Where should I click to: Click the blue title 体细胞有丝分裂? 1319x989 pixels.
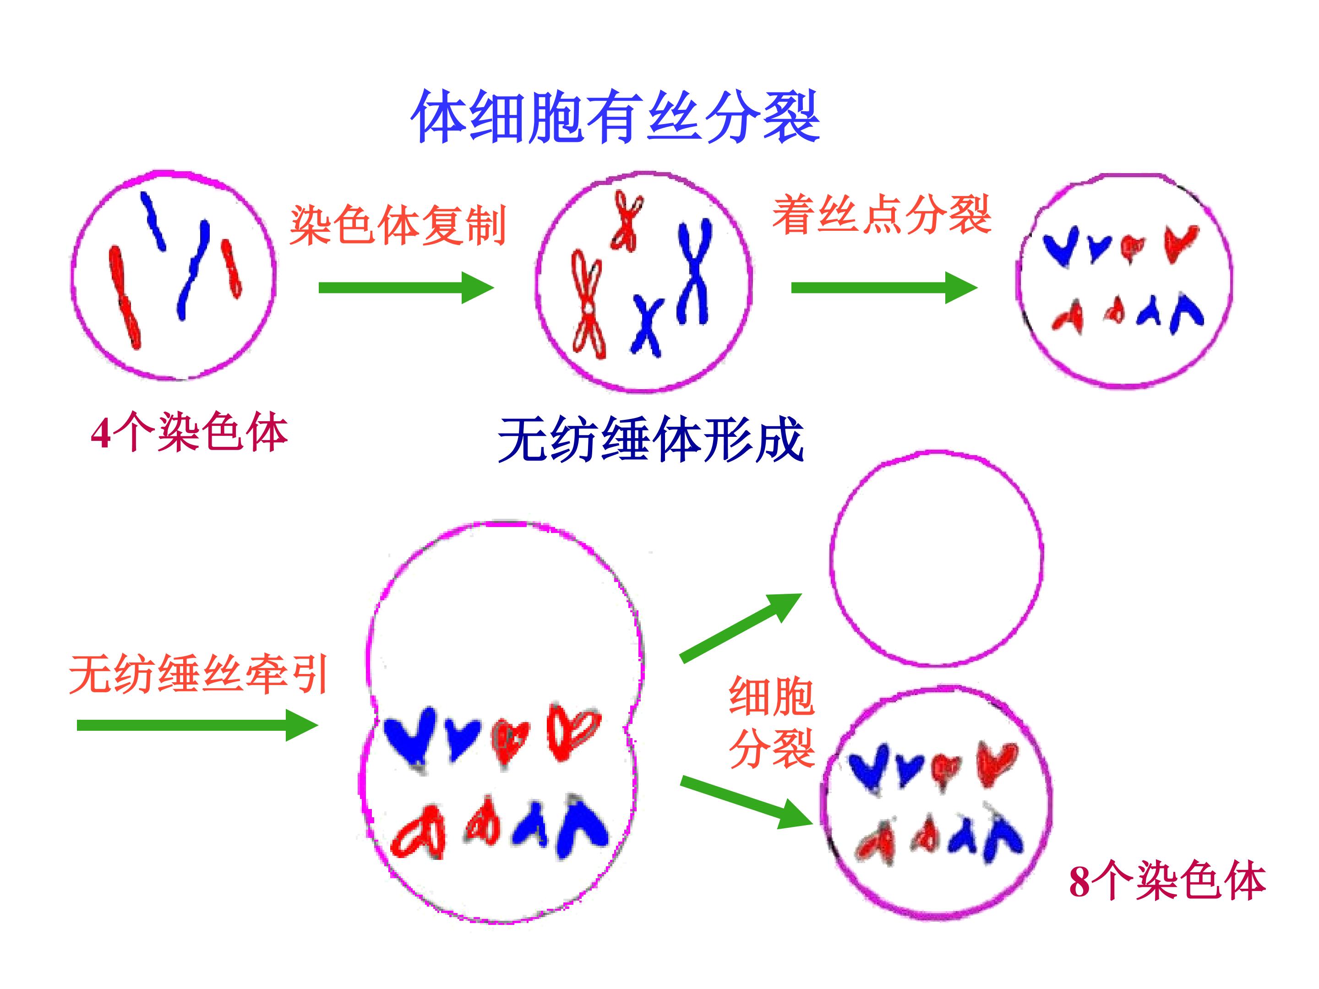coord(616,117)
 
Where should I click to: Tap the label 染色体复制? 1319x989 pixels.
coord(398,225)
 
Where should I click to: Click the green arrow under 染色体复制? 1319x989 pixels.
coord(406,288)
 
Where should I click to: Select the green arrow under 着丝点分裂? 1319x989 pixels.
coord(884,288)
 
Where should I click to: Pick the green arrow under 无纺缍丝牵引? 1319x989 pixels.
coord(197,725)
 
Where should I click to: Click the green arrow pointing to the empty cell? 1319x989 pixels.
coord(741,627)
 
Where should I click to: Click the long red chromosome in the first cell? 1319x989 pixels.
coord(125,296)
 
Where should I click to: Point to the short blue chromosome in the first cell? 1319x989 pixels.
coord(153,221)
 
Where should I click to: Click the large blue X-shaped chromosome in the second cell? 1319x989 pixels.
coord(694,271)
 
